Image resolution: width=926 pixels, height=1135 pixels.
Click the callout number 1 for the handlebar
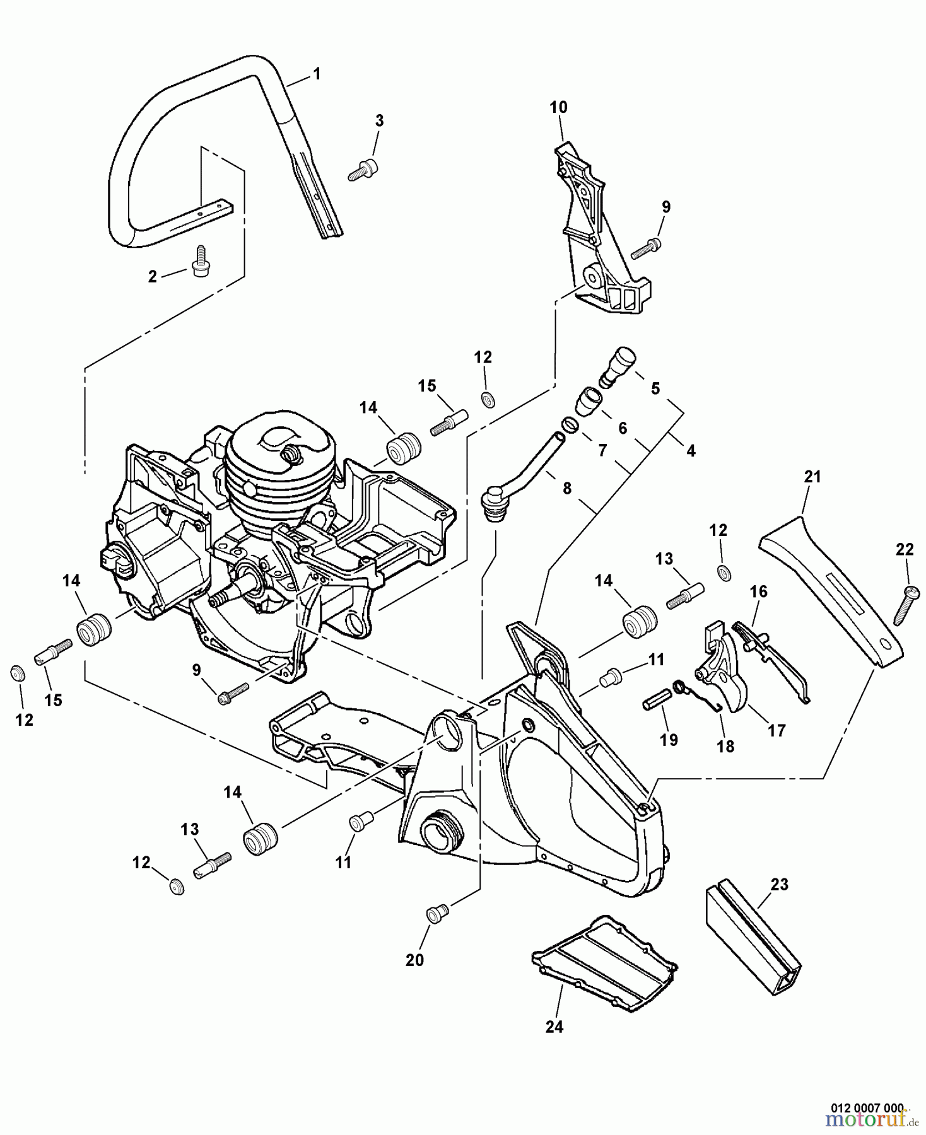[317, 74]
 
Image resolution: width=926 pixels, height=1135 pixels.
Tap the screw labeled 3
[363, 170]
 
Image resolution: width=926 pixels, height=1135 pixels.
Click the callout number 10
[558, 107]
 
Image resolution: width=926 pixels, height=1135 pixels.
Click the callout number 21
[812, 477]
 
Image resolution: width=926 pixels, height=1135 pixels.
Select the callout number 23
[779, 885]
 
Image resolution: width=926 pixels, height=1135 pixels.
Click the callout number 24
[553, 1027]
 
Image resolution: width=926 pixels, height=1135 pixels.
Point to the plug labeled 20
[435, 914]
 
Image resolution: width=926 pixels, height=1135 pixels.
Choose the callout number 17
[777, 730]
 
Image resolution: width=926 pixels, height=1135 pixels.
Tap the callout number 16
[758, 591]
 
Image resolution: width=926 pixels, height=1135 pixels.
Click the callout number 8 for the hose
[566, 488]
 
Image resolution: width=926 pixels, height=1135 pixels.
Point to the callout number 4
[690, 451]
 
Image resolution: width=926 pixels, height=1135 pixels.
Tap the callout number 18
[725, 746]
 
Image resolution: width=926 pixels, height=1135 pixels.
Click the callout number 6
[622, 428]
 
